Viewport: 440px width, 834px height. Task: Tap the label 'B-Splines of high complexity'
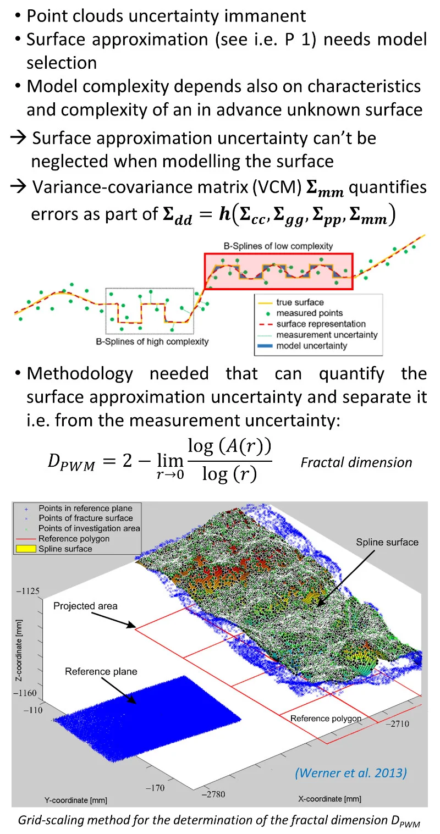152,341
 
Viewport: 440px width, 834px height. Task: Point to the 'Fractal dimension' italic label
356,462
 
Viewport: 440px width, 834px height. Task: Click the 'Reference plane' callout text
101,671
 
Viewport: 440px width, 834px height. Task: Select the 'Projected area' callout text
86,606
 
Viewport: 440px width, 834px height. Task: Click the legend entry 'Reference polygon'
74,539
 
